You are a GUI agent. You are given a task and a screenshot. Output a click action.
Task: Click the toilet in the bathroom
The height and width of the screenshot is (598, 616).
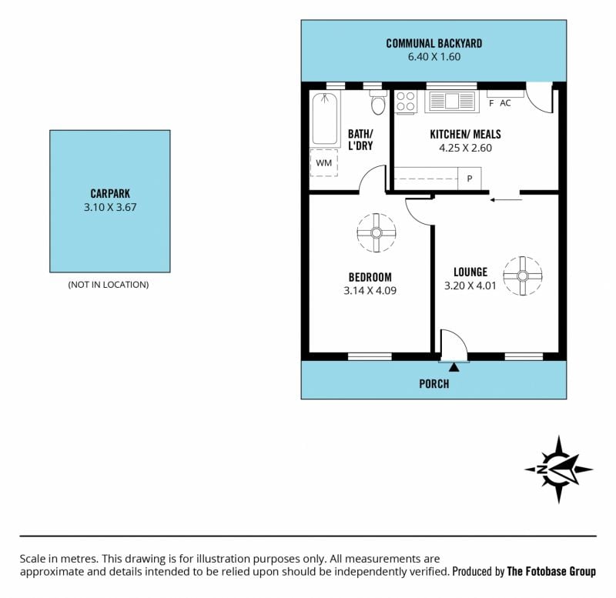pyautogui.click(x=378, y=102)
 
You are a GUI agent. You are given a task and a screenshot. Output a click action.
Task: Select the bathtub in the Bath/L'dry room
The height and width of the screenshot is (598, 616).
pyautogui.click(x=325, y=119)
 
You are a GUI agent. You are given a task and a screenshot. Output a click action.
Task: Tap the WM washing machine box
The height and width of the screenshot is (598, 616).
pyautogui.click(x=323, y=162)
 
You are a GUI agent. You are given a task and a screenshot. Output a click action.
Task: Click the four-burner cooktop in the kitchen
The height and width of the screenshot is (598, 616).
pyautogui.click(x=406, y=102)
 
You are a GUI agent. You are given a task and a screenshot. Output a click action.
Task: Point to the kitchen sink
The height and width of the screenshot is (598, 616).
pyautogui.click(x=452, y=101)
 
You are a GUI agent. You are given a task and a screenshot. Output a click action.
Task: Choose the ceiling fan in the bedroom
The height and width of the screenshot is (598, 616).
pyautogui.click(x=377, y=233)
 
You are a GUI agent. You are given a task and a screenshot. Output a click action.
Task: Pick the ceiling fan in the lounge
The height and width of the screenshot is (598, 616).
pyautogui.click(x=523, y=276)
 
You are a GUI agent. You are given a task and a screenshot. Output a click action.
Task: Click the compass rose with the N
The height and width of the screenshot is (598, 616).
pyautogui.click(x=559, y=469)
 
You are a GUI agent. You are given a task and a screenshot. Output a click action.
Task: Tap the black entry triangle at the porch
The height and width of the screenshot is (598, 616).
pyautogui.click(x=454, y=367)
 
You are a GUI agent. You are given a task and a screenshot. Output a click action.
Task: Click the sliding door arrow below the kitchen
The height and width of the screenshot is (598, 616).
pyautogui.click(x=506, y=200)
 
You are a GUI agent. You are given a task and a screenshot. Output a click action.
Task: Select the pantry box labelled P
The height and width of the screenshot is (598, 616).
pyautogui.click(x=470, y=179)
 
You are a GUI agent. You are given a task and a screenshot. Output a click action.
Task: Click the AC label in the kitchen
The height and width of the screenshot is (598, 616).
pyautogui.click(x=505, y=103)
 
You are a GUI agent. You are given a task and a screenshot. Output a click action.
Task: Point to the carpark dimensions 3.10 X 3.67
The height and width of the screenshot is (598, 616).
pyautogui.click(x=110, y=207)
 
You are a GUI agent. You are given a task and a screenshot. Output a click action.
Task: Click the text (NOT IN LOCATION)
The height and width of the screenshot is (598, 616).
pyautogui.click(x=109, y=285)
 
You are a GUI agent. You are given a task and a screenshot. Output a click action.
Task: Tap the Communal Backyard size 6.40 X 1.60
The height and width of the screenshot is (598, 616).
pyautogui.click(x=434, y=56)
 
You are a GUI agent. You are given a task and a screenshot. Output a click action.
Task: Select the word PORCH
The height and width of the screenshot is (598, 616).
pyautogui.click(x=434, y=383)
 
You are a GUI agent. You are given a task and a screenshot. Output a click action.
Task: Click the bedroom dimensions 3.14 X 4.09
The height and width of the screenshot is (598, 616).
pyautogui.click(x=370, y=291)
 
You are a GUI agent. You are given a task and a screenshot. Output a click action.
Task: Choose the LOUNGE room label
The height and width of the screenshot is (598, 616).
pyautogui.click(x=470, y=272)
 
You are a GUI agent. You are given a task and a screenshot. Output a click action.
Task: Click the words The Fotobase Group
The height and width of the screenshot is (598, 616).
pyautogui.click(x=551, y=571)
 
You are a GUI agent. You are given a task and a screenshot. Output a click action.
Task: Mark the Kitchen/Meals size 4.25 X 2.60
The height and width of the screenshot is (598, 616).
pyautogui.click(x=466, y=148)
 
